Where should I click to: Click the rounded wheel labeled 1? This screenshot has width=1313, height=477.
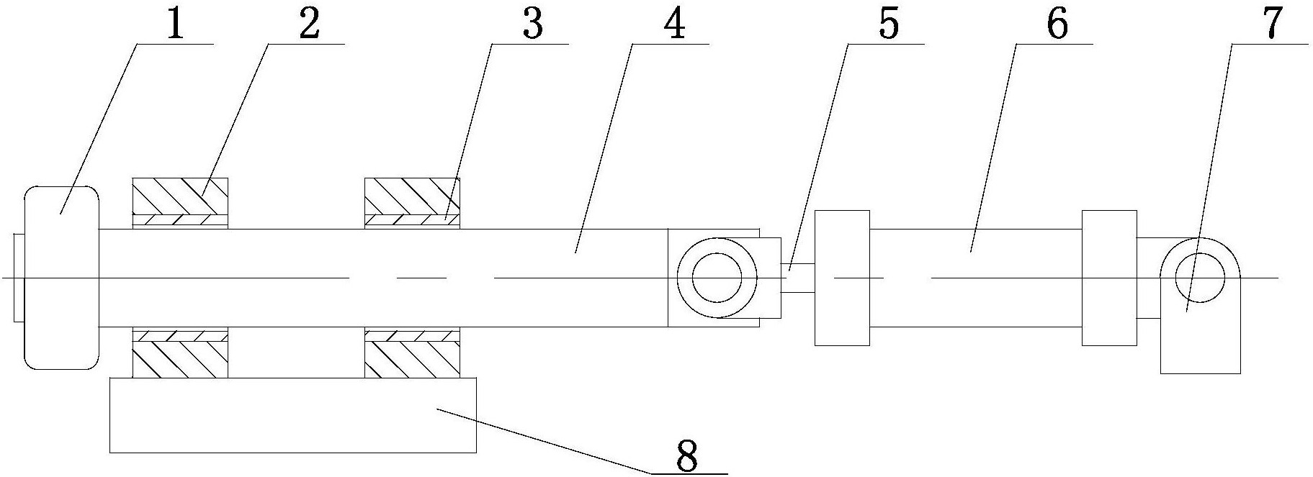click(61, 277)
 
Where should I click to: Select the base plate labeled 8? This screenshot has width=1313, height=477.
click(292, 415)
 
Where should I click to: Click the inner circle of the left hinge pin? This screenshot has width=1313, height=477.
click(717, 278)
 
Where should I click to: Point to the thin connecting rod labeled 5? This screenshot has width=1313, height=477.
click(797, 278)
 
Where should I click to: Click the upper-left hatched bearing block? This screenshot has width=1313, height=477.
click(180, 196)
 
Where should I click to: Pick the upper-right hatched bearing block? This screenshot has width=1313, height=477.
click(412, 196)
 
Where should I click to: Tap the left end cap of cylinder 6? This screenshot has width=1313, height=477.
click(842, 278)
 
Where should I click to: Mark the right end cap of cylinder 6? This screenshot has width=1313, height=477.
click(1109, 278)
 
